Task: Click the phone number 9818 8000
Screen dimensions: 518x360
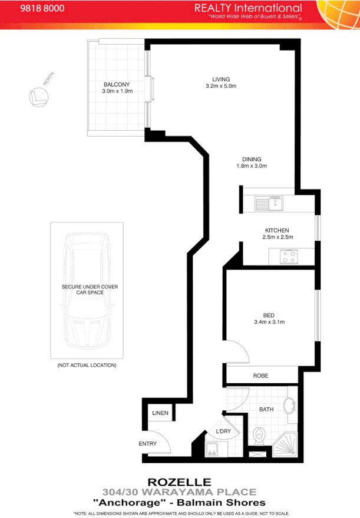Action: pos(42,9)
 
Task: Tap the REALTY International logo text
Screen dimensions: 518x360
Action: pos(248,8)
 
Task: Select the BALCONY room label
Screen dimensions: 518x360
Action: pos(117,84)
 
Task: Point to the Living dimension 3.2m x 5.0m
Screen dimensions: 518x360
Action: pos(221,86)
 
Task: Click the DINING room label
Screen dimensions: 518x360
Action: pos(251,159)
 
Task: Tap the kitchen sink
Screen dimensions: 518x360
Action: pos(269,204)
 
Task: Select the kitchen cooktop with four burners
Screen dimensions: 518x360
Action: pos(288,256)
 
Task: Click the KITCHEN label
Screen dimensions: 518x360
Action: pos(277,230)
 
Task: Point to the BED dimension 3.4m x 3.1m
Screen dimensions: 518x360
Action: pos(269,322)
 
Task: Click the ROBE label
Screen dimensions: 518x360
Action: pos(261,375)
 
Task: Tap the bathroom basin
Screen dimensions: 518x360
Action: pos(289,408)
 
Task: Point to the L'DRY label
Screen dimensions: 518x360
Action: pos(224,432)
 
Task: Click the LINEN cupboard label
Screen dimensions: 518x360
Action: pos(160,413)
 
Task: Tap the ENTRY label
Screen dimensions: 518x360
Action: pos(148,443)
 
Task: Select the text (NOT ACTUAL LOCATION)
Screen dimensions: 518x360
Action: pos(87,365)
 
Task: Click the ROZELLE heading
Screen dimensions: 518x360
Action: pos(180,482)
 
